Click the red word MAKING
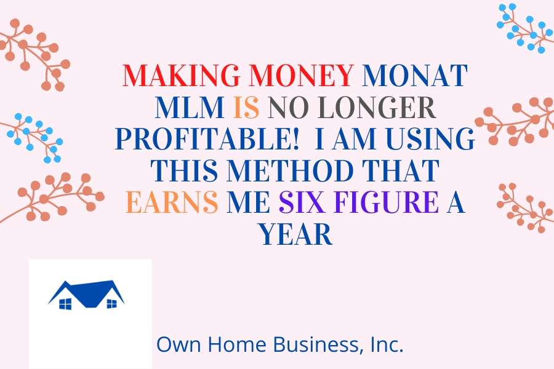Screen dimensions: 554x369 point(181,75)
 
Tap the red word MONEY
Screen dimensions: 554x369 point(302,75)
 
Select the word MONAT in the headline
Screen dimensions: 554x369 point(415,75)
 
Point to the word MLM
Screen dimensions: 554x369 point(190,107)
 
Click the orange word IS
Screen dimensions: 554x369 point(246,107)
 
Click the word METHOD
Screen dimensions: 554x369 point(290,170)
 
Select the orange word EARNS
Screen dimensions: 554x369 point(172,202)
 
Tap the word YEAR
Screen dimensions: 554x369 point(296,234)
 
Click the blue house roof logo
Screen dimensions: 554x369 point(86,294)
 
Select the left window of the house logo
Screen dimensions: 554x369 point(65,304)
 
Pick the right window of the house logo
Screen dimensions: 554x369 point(111,303)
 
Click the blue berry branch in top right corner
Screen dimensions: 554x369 point(525,28)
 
